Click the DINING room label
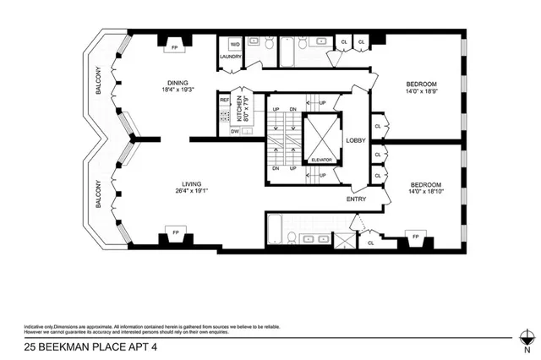coord(178,81)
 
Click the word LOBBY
coord(354,141)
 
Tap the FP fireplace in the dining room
coord(175,48)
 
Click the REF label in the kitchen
coord(225,101)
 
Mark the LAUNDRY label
coord(231,57)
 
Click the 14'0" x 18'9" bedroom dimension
coord(420,92)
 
